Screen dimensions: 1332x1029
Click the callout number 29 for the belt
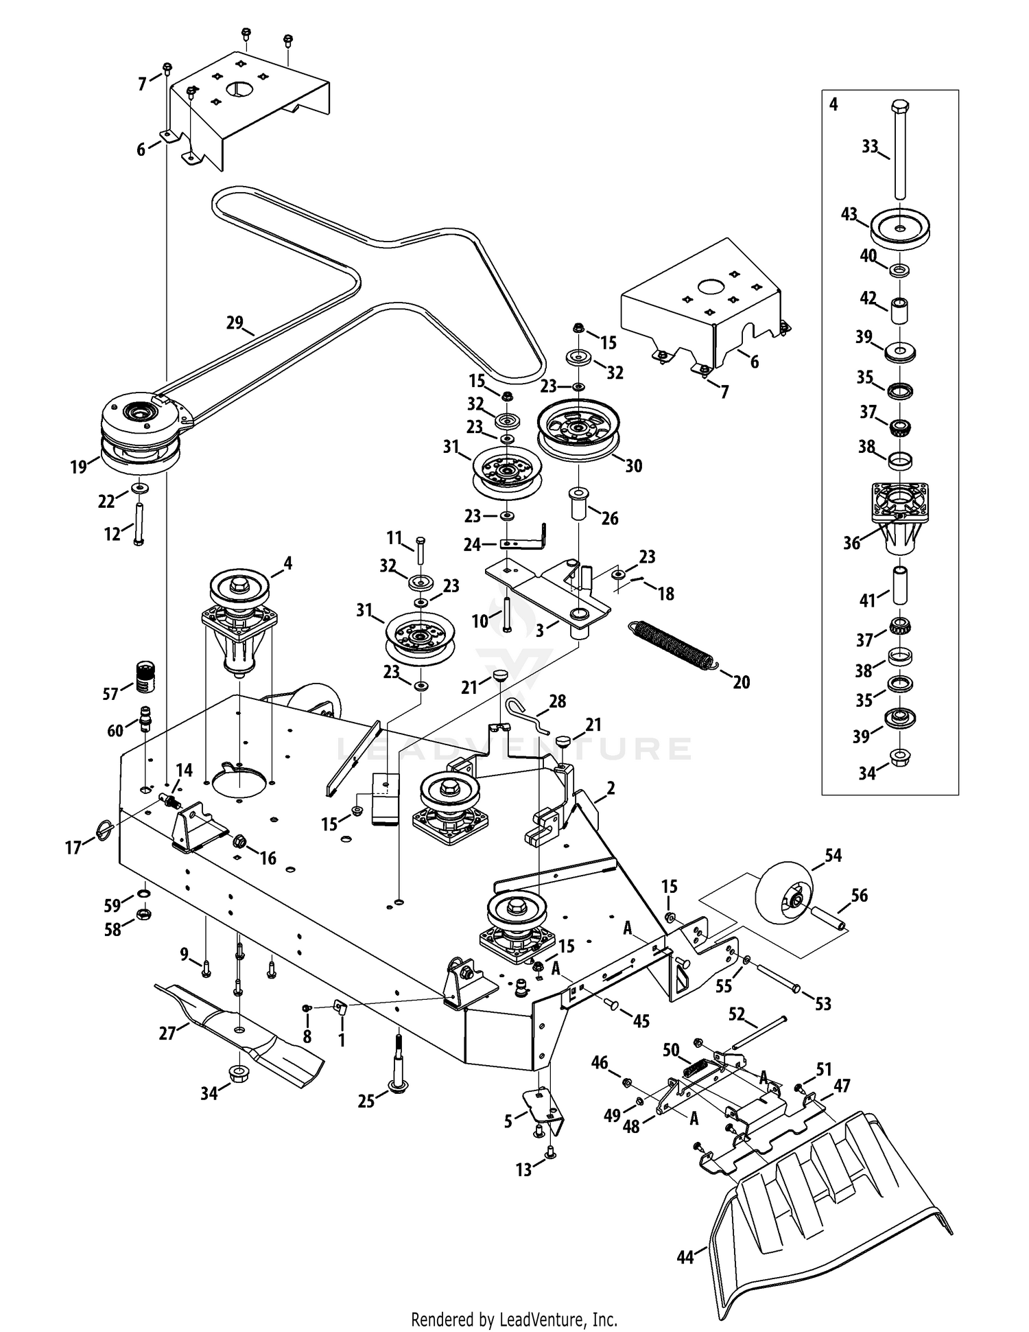(235, 322)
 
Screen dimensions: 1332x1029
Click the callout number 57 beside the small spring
(110, 693)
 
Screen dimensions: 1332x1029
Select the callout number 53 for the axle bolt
(823, 1003)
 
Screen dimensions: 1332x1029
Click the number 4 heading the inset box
(833, 104)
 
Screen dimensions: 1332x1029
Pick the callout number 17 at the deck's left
(73, 848)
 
